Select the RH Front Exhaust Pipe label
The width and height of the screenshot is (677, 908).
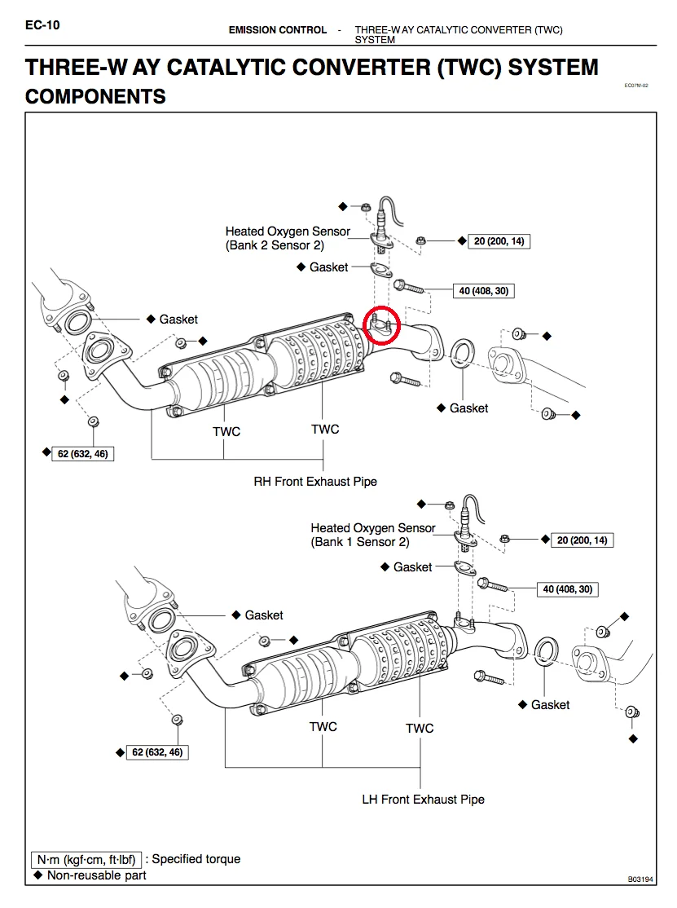pos(315,482)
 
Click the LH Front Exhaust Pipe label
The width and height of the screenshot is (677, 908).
pos(423,800)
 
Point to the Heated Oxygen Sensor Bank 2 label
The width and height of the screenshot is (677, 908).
pos(287,238)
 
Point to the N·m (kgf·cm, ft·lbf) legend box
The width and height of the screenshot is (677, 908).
pos(87,859)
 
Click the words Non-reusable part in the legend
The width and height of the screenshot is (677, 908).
pos(96,875)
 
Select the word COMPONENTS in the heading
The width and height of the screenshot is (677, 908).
pos(96,97)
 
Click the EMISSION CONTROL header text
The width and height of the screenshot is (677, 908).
pos(278,30)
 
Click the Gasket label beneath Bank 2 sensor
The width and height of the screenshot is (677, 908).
pos(328,267)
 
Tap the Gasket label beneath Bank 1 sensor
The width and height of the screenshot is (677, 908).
pos(412,566)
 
